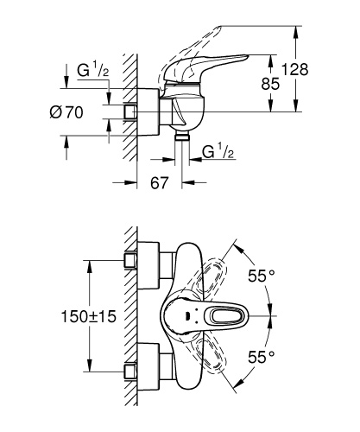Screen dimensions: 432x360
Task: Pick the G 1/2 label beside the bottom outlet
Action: (218, 153)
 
